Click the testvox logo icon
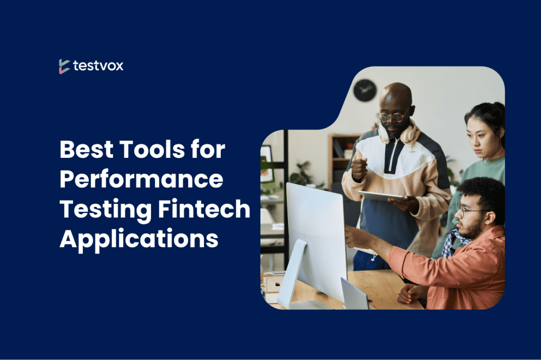click(64, 66)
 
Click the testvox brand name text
click(98, 65)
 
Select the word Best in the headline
click(86, 149)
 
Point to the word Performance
click(142, 179)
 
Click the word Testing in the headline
click(106, 210)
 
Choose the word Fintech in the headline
click(204, 209)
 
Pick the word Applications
click(139, 239)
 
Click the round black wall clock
click(365, 90)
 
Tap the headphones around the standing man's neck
click(400, 133)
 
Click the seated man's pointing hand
click(356, 236)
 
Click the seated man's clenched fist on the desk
click(408, 294)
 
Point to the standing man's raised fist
click(359, 168)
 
